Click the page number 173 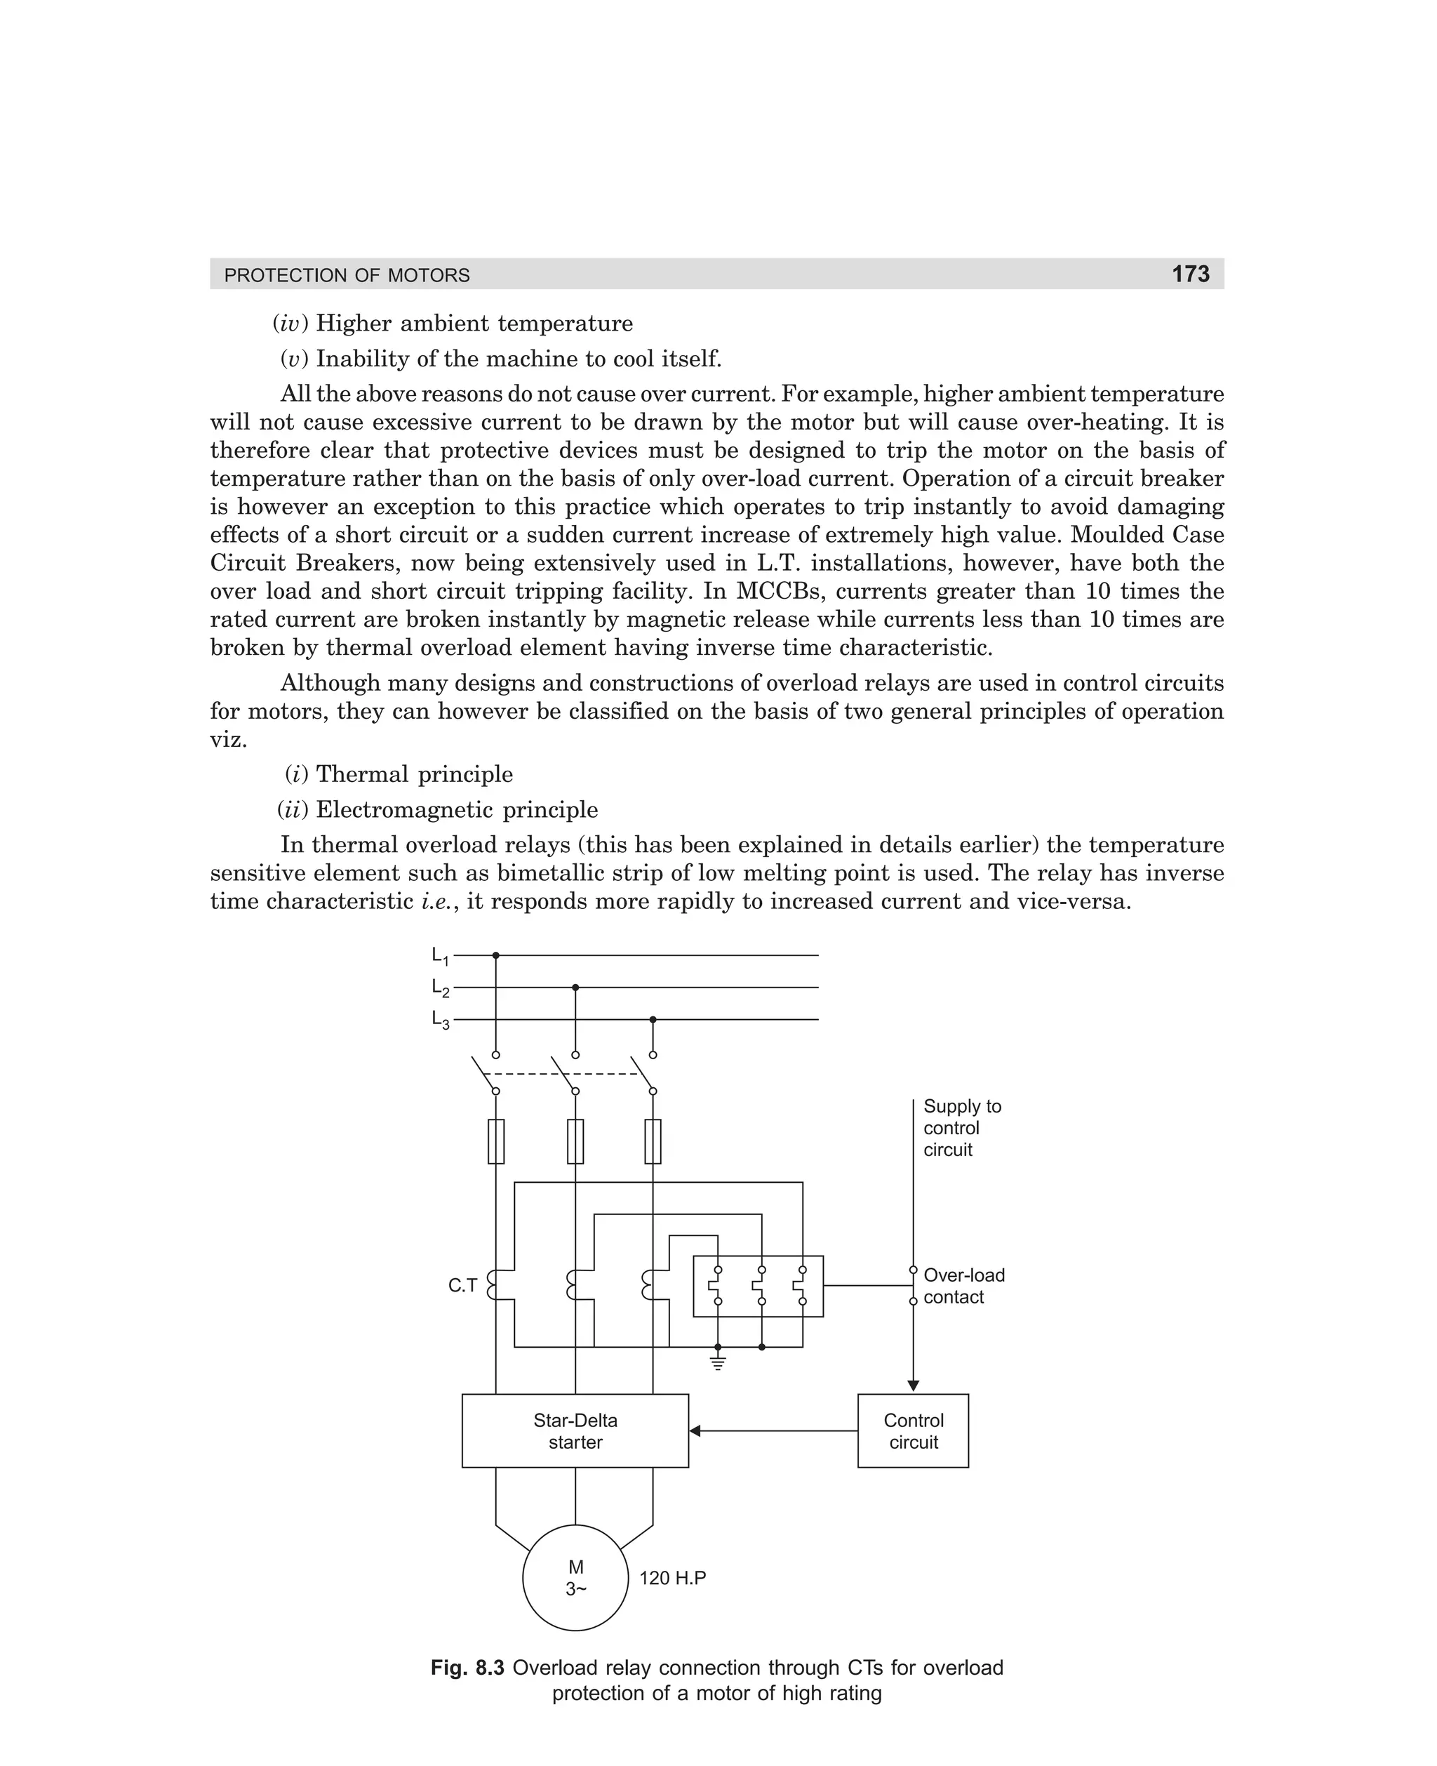pyautogui.click(x=1189, y=274)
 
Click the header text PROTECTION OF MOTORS pyautogui.click(x=347, y=276)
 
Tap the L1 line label pyautogui.click(x=439, y=956)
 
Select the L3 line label pyautogui.click(x=439, y=1020)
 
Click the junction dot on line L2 pyautogui.click(x=575, y=987)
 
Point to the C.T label pyautogui.click(x=462, y=1286)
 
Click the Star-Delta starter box pyautogui.click(x=575, y=1431)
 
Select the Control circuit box pyautogui.click(x=912, y=1431)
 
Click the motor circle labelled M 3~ pyautogui.click(x=575, y=1578)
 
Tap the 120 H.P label pyautogui.click(x=672, y=1578)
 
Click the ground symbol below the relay pyautogui.click(x=718, y=1364)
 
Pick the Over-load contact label pyautogui.click(x=963, y=1287)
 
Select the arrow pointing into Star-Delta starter pyautogui.click(x=695, y=1430)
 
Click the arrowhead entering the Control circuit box pyautogui.click(x=913, y=1386)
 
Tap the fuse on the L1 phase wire pyautogui.click(x=496, y=1142)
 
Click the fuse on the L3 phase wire pyautogui.click(x=653, y=1142)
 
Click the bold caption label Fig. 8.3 pyautogui.click(x=467, y=1668)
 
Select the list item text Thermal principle pyautogui.click(x=414, y=774)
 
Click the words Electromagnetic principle pyautogui.click(x=456, y=810)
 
